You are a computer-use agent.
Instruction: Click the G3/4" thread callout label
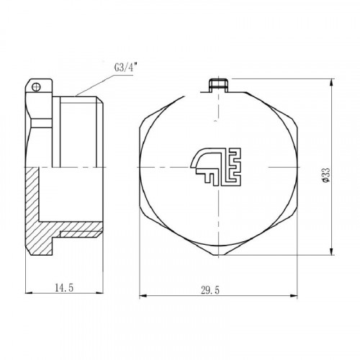click(126, 68)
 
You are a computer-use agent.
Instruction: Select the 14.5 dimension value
click(64, 287)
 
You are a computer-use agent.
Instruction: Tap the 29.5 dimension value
click(210, 290)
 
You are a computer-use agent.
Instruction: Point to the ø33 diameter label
click(325, 175)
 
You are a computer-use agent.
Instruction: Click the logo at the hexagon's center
click(216, 166)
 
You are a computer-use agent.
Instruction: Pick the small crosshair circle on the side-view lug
click(36, 86)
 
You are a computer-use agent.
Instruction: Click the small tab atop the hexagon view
click(218, 85)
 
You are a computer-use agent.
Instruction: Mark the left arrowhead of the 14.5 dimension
click(29, 292)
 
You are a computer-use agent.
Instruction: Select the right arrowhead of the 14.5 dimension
click(100, 292)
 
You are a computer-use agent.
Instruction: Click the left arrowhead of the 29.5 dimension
click(143, 296)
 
